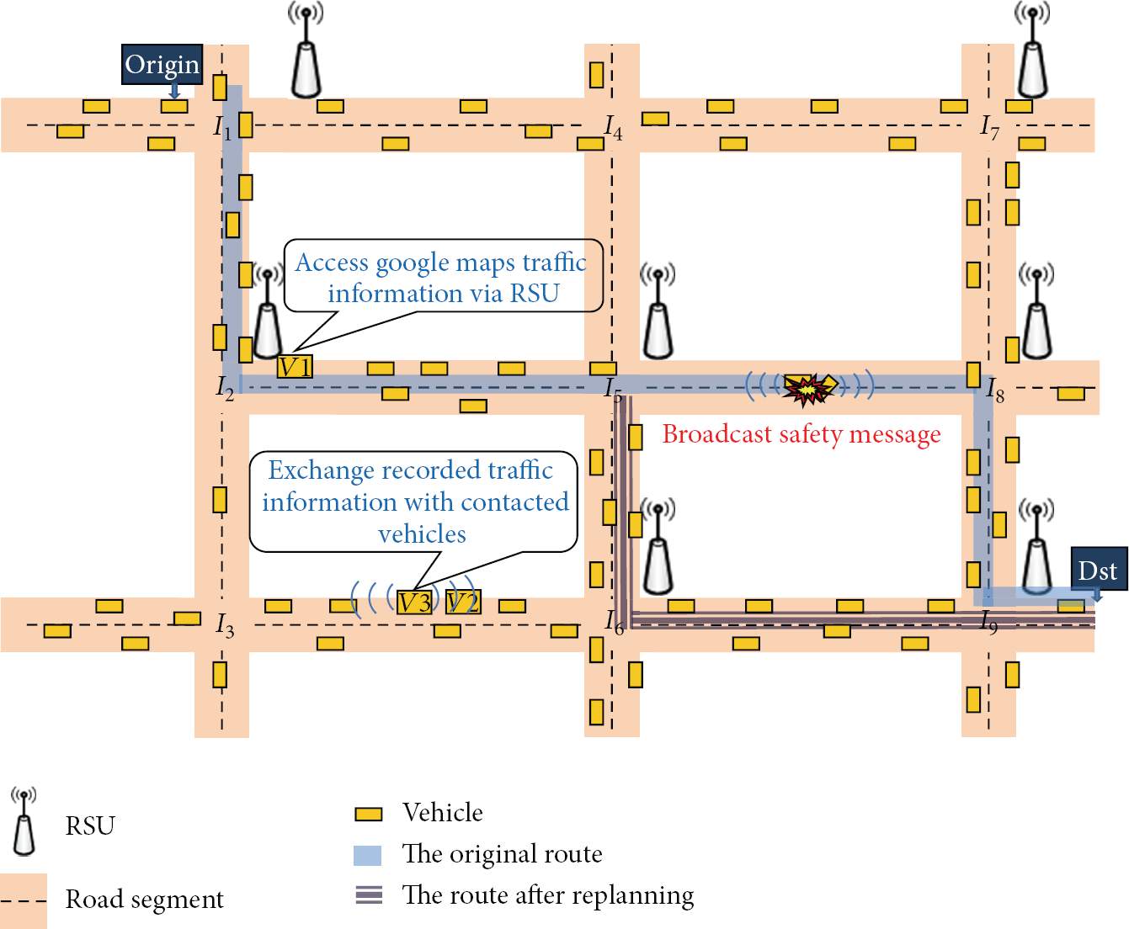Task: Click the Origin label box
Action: click(x=162, y=64)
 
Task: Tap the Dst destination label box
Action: click(x=1099, y=568)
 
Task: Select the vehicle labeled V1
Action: click(x=295, y=367)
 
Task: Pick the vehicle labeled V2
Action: click(x=463, y=602)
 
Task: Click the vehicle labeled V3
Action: click(x=414, y=602)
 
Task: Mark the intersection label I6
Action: click(x=614, y=623)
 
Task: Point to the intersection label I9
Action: click(x=988, y=623)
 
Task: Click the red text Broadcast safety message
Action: click(x=801, y=434)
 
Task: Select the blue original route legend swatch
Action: click(x=367, y=855)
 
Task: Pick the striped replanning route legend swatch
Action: click(x=369, y=894)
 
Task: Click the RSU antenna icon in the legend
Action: click(x=24, y=821)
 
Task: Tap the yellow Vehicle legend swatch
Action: click(x=368, y=814)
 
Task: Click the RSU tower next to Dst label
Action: click(x=1037, y=547)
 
